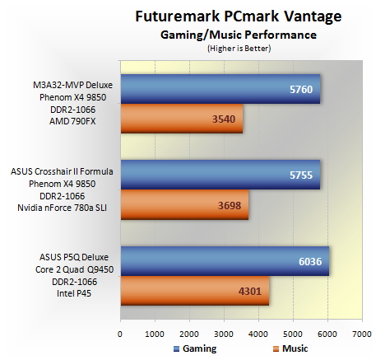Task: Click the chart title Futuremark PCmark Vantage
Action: point(239,16)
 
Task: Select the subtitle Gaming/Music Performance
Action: point(239,35)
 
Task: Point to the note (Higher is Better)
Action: point(239,49)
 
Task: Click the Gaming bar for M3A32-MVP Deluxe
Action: point(220,89)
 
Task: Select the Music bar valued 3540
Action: point(182,119)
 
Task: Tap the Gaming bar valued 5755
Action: point(220,175)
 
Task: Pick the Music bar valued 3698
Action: point(184,205)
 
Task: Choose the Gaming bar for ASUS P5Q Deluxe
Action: point(225,261)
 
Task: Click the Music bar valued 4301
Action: point(195,291)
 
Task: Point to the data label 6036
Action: point(310,262)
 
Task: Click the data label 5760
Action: point(301,90)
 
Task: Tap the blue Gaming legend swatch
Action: point(177,348)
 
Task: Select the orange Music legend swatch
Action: point(276,348)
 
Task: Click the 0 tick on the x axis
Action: point(120,334)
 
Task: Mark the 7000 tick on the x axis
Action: point(362,334)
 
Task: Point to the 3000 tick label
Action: point(224,334)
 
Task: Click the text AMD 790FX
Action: point(72,121)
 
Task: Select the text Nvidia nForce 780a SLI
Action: point(63,208)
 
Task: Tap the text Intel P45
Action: point(74,293)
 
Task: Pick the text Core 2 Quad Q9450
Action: point(74,269)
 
